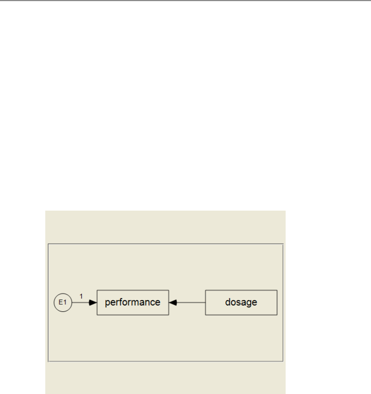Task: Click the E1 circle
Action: [x=63, y=303]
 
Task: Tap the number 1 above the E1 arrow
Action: [x=81, y=296]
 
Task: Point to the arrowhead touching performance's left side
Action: [x=93, y=303]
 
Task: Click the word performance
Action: [x=133, y=302]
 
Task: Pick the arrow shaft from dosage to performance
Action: [x=191, y=303]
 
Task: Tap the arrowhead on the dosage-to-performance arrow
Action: [x=173, y=303]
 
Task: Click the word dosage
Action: [x=241, y=302]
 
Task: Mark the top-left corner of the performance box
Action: [x=97, y=290]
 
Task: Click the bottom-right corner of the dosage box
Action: [x=277, y=315]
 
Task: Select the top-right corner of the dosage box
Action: [x=277, y=290]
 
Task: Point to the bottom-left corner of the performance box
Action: [x=97, y=315]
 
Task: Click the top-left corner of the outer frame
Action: [x=48, y=244]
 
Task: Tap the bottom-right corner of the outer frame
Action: [x=283, y=361]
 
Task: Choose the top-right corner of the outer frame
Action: [x=283, y=244]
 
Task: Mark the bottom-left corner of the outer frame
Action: [x=48, y=361]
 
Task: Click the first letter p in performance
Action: [x=108, y=303]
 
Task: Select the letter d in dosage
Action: [x=228, y=302]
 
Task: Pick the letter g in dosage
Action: [x=248, y=303]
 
